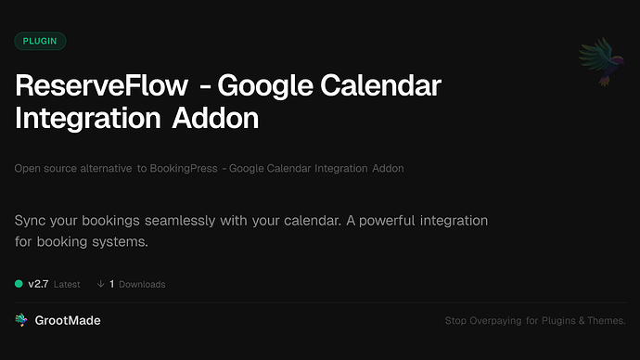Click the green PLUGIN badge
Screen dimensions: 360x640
pos(40,41)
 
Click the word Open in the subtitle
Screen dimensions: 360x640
pos(28,168)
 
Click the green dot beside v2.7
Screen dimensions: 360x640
pos(19,284)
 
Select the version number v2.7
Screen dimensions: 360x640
pos(38,284)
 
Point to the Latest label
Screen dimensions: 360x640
pos(67,284)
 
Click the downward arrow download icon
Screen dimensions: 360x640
pos(100,284)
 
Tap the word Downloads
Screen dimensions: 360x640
pos(142,284)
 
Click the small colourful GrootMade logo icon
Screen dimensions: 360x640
pos(20,320)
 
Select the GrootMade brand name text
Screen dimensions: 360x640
pos(68,320)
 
